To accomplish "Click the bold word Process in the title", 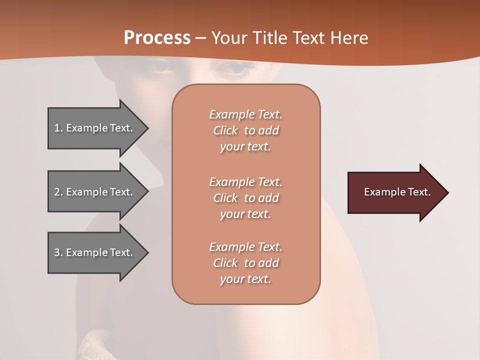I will click(x=157, y=37).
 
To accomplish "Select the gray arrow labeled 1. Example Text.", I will click(x=95, y=128).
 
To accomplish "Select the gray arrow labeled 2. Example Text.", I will click(x=95, y=192).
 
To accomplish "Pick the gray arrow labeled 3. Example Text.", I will click(x=95, y=252).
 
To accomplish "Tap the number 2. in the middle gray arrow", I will click(x=58, y=192).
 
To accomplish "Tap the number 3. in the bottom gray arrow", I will click(x=58, y=252).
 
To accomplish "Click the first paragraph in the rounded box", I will click(x=245, y=130).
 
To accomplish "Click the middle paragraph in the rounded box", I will click(x=245, y=198).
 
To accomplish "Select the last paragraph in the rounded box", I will click(x=245, y=263).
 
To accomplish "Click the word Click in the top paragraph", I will click(x=225, y=130).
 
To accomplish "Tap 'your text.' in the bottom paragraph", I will click(x=245, y=279).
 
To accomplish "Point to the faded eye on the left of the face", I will click(x=160, y=65).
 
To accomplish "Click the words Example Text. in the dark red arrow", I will click(x=397, y=192).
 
